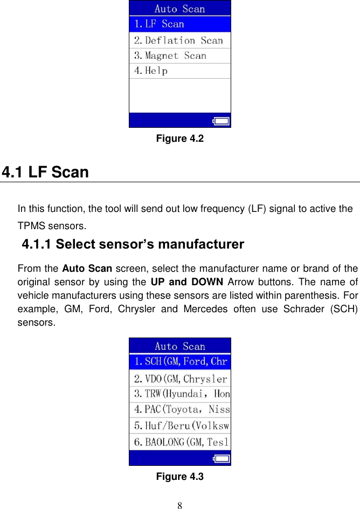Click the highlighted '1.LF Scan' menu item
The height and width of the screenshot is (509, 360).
coord(179,24)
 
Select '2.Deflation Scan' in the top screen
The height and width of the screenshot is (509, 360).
coord(179,40)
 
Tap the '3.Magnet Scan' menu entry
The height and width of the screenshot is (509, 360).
coord(179,56)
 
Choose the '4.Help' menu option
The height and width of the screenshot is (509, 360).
coord(179,71)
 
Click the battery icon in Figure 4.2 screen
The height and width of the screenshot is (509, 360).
coord(222,121)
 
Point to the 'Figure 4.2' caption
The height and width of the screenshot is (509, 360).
coord(179,139)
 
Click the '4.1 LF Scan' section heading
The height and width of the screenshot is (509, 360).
coord(45,173)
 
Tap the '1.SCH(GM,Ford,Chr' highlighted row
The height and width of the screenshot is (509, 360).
coord(179,361)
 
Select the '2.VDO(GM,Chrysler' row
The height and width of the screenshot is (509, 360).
coord(179,379)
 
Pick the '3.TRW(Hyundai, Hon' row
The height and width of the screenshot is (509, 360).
coord(179,394)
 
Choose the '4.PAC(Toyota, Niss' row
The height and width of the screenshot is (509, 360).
coord(179,409)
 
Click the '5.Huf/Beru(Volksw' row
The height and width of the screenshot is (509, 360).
coord(179,425)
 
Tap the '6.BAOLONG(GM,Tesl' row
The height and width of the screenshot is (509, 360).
coord(179,442)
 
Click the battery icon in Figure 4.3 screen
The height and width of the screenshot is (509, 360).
coord(221,459)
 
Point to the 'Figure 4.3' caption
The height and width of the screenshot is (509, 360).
coord(179,477)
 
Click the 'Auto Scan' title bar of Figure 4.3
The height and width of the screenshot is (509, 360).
coord(179,346)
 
